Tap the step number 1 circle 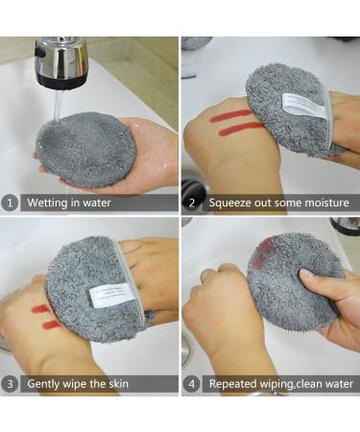(x=9, y=203)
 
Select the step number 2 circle (x=190, y=203)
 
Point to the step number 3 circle (x=9, y=384)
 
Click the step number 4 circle (x=190, y=384)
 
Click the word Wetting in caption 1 (x=46, y=203)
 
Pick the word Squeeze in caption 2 (x=228, y=203)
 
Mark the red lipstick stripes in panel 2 (x=234, y=121)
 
